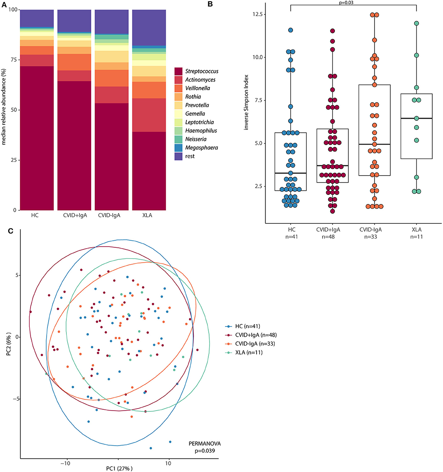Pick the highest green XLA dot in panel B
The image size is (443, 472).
tap(417, 23)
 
